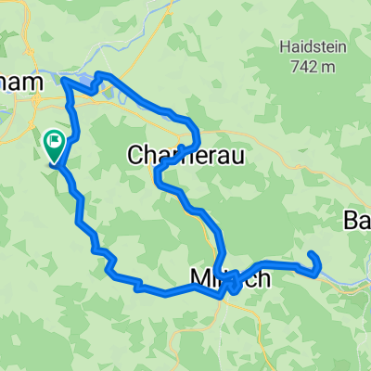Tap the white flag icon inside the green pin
click(x=55, y=142)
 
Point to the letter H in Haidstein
click(x=284, y=45)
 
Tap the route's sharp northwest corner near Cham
click(x=64, y=83)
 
